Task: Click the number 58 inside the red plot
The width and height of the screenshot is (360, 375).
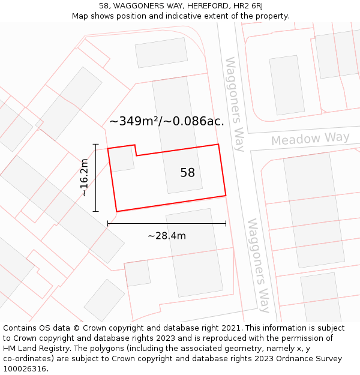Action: tap(187, 173)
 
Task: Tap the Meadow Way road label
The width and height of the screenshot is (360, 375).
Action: tap(310, 139)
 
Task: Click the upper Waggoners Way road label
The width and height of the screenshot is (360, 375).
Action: tap(235, 104)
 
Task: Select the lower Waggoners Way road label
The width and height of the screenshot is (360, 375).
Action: tap(259, 265)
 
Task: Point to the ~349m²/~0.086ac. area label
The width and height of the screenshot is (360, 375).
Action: tap(166, 121)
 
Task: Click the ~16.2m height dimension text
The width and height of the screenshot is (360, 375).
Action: tap(85, 178)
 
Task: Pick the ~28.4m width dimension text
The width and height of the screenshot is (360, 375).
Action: tap(166, 236)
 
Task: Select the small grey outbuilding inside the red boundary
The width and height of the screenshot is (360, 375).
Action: tap(122, 159)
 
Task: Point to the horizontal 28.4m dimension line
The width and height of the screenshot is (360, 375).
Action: tap(166, 223)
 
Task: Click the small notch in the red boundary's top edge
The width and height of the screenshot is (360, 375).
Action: tap(136, 150)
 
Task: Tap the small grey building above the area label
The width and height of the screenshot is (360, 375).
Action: tap(161, 53)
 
